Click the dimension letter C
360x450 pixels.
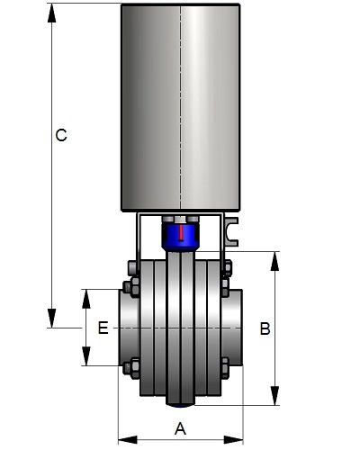61,135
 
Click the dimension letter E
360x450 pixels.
103,328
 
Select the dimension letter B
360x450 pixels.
265,328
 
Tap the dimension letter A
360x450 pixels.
180,428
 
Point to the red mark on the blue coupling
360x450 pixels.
181,232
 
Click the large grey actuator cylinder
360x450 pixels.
181,107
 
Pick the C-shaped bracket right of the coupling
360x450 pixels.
231,232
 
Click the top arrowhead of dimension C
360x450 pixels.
51,13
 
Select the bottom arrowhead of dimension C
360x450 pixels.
51,319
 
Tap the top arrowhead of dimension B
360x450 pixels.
274,261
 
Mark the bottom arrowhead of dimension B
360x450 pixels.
274,396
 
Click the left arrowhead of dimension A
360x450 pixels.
128,440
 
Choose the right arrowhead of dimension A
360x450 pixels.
234,440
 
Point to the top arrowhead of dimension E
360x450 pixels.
86,299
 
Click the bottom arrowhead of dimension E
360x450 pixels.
86,356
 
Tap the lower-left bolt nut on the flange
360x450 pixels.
131,367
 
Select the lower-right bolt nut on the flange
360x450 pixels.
225,367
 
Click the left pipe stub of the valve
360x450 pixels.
130,328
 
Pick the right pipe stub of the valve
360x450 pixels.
232,328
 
